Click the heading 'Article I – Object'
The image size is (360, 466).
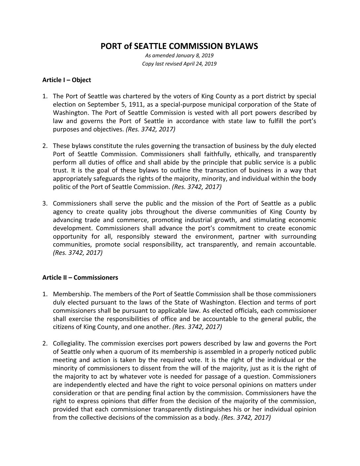(67, 80)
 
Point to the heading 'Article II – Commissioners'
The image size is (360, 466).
(80, 277)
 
